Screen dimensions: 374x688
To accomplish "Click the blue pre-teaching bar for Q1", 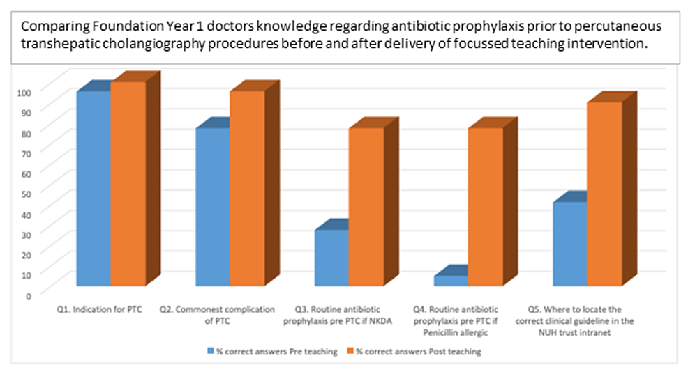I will (x=94, y=188).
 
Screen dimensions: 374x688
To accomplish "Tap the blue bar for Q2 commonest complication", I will (x=213, y=206).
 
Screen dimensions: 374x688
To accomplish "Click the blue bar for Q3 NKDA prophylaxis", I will (x=331, y=257).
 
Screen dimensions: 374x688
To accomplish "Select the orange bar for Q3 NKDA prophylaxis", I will (x=366, y=206).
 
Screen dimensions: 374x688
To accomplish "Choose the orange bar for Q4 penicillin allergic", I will (x=486, y=206).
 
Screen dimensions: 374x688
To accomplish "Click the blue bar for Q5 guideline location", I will (x=569, y=243).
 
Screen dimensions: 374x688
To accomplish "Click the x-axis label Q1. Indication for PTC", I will (x=99, y=309).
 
